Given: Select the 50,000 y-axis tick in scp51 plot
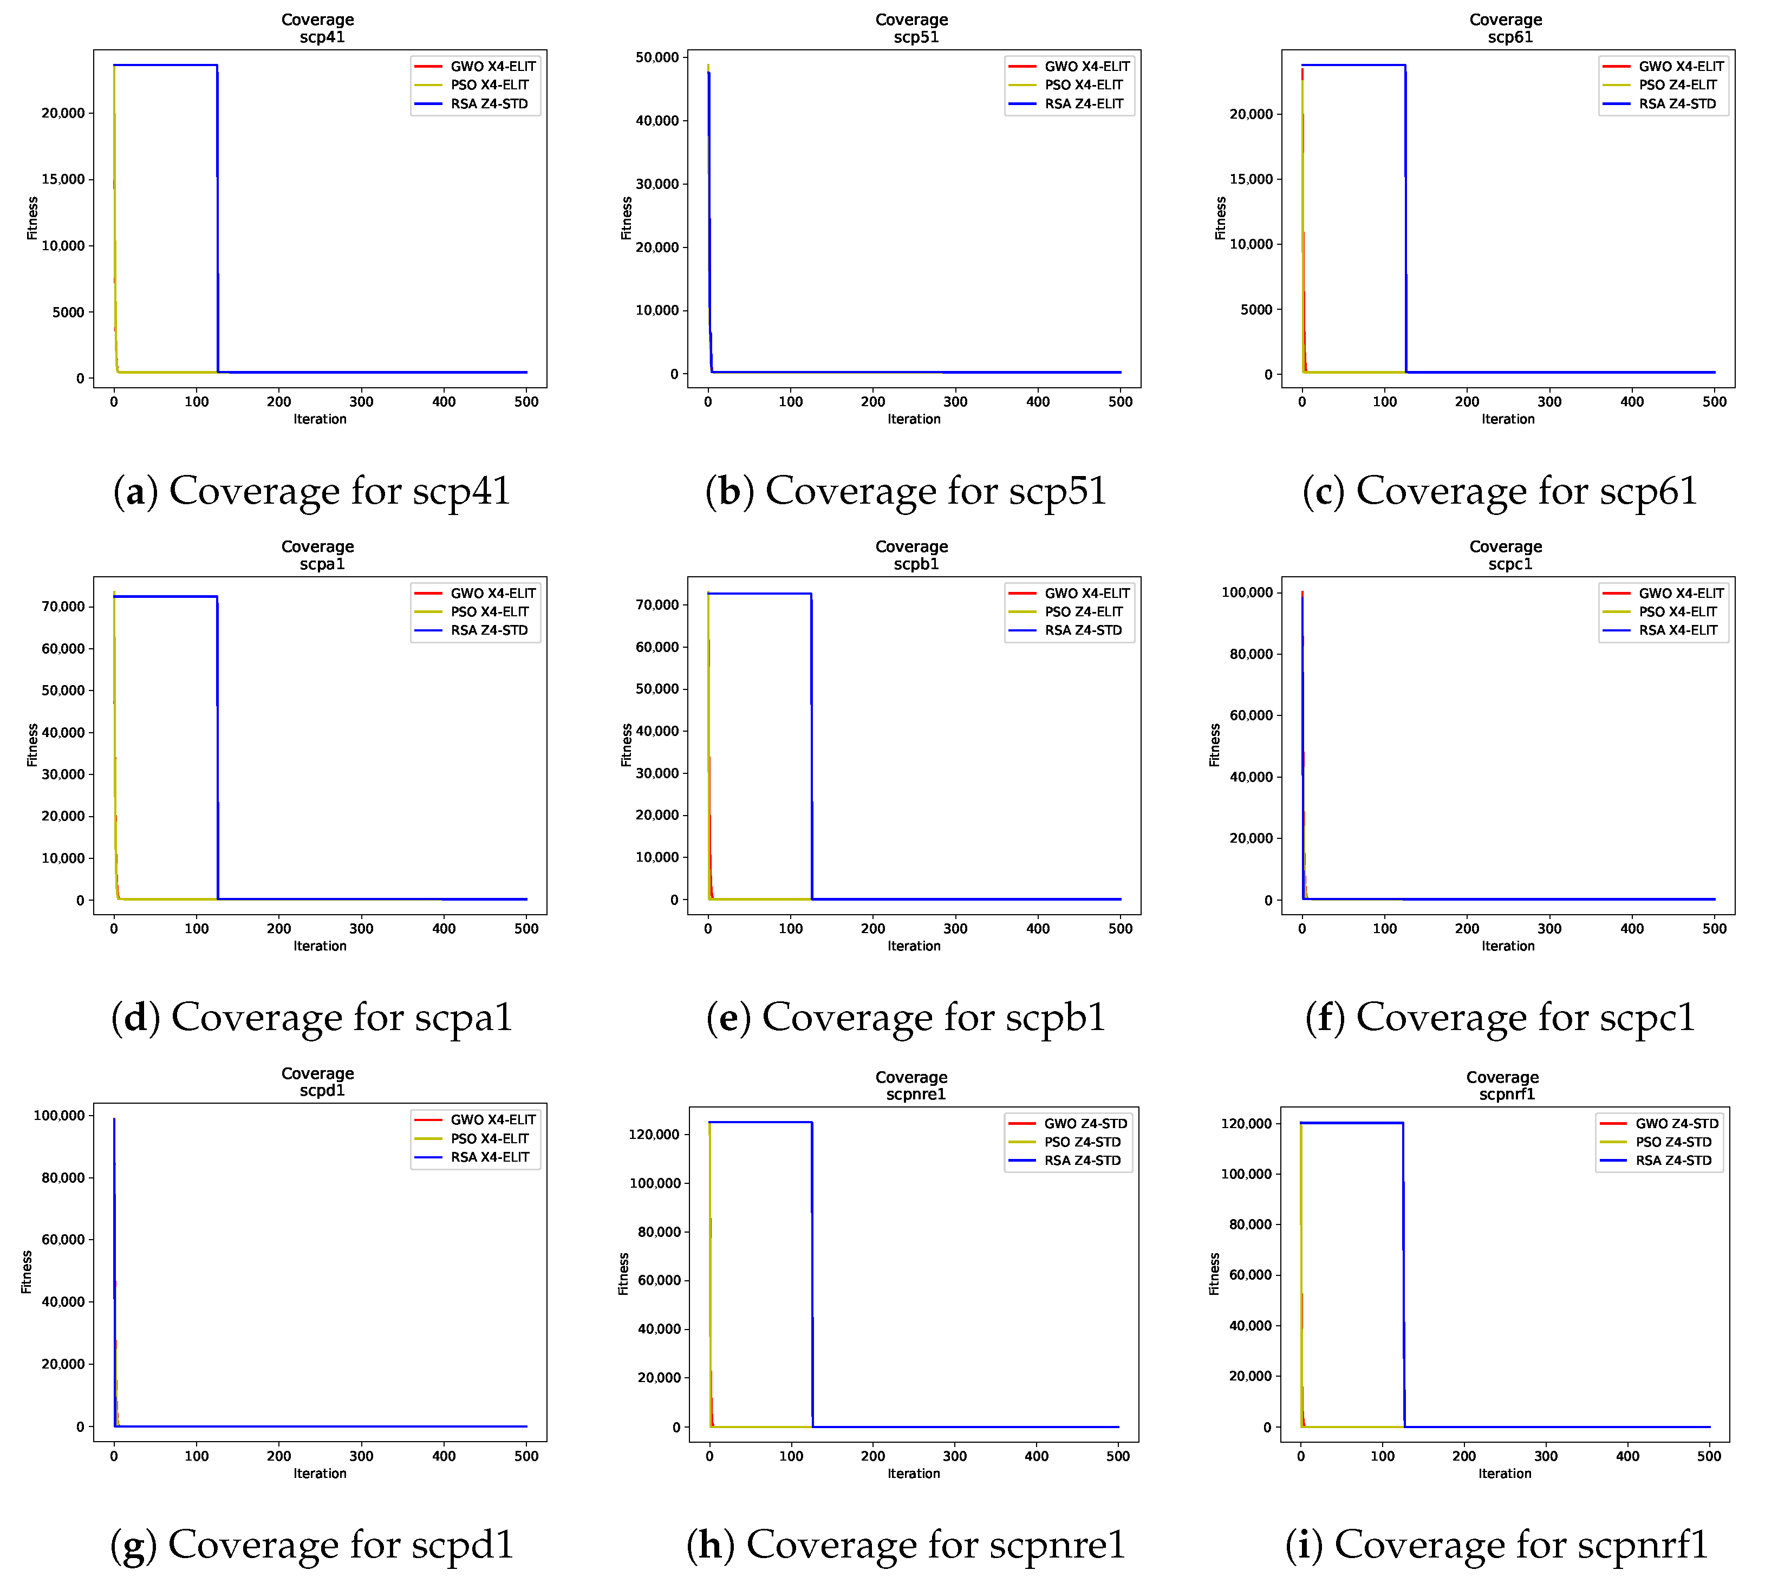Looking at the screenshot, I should pos(657,57).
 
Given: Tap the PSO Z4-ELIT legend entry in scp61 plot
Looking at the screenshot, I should pos(1677,85).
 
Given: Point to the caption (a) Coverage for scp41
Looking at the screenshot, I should pos(311,491).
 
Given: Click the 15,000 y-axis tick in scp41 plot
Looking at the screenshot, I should pos(63,179).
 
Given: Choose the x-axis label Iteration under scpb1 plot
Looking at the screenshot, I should pos(914,946).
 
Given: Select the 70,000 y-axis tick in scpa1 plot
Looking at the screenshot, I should pos(63,606).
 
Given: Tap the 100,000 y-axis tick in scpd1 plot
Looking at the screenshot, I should pos(59,1116).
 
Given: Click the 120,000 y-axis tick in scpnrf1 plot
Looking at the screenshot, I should pos(1246,1124).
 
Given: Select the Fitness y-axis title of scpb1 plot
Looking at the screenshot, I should pos(626,745).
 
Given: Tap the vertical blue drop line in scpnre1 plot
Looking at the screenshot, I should pos(812,1270).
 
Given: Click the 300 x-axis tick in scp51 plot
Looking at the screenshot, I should pos(955,402).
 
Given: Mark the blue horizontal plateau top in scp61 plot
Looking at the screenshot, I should pos(1353,65).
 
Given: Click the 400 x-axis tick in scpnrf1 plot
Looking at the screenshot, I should pos(1627,1456).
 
